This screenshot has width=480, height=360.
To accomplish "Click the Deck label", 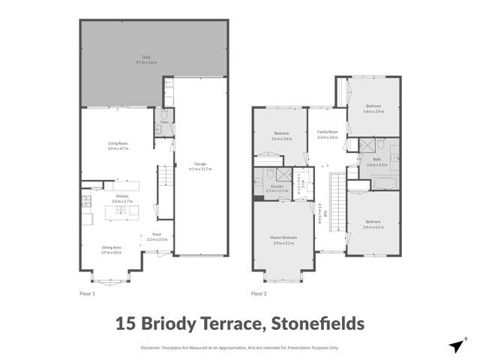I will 152,60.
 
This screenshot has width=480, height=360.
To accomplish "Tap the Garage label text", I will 199,166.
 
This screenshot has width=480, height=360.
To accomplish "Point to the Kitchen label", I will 122,199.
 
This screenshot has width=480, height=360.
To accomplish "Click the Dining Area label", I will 112,249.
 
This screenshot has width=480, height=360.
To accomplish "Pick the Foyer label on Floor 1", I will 157,236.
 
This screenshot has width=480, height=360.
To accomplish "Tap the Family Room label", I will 328,134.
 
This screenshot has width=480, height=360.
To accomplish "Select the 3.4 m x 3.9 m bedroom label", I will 373,109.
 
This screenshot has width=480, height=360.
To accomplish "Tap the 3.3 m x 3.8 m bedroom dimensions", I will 282,139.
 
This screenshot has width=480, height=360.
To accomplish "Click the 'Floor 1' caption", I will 87,293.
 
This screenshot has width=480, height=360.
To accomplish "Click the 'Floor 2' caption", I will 259,293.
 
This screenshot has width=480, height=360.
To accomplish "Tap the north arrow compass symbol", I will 455,345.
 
